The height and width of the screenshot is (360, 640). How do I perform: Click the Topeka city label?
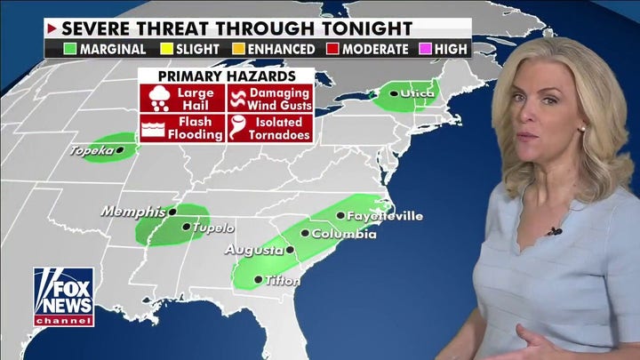(92, 151)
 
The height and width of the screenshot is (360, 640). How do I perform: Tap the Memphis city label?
(133, 212)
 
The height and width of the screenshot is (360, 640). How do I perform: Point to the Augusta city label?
(252, 250)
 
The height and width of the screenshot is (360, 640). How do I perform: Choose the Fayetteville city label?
(384, 216)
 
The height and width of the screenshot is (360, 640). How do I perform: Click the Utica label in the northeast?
(419, 92)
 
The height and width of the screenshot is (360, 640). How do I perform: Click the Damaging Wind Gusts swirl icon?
(237, 97)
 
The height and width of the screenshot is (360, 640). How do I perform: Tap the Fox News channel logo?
(63, 297)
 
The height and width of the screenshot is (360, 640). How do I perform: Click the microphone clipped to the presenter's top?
(555, 231)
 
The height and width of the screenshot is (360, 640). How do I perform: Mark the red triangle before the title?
(52, 28)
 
